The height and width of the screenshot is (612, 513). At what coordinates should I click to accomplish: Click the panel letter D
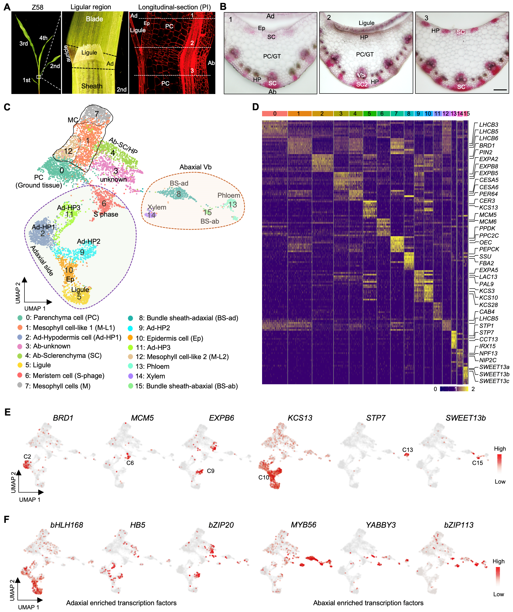pyautogui.click(x=255, y=107)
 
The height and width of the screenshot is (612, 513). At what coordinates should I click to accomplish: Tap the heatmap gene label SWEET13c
pyautogui.click(x=494, y=381)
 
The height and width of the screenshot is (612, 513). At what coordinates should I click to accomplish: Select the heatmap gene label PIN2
pyautogui.click(x=486, y=152)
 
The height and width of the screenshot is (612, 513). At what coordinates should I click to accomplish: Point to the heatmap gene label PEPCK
pyautogui.click(x=489, y=249)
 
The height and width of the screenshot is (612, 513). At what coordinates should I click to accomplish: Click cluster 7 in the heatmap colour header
pyautogui.click(x=396, y=114)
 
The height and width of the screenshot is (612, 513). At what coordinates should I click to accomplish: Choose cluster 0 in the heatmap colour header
pyautogui.click(x=274, y=114)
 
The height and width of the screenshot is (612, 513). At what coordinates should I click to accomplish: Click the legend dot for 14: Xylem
pyautogui.click(x=131, y=376)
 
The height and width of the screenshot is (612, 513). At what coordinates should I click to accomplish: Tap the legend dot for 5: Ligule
pyautogui.click(x=20, y=365)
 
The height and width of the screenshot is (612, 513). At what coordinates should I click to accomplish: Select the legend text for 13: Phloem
pyautogui.click(x=152, y=366)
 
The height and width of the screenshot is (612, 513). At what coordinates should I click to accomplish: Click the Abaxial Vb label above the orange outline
pyautogui.click(x=195, y=167)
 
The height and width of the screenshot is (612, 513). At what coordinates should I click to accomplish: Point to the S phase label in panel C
pyautogui.click(x=106, y=214)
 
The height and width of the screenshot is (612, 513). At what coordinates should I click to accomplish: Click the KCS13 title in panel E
pyautogui.click(x=300, y=418)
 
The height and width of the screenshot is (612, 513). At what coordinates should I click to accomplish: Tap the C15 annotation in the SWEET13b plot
pyautogui.click(x=477, y=463)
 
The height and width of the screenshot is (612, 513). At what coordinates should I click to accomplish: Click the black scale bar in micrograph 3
pyautogui.click(x=500, y=90)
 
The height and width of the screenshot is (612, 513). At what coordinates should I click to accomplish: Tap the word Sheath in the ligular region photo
pyautogui.click(x=92, y=86)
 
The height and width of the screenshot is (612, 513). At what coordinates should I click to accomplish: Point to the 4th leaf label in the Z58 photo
pyautogui.click(x=43, y=38)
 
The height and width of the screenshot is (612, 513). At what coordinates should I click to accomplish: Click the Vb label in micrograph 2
pyautogui.click(x=361, y=75)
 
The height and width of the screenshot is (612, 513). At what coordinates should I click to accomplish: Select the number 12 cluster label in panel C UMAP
pyautogui.click(x=68, y=151)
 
